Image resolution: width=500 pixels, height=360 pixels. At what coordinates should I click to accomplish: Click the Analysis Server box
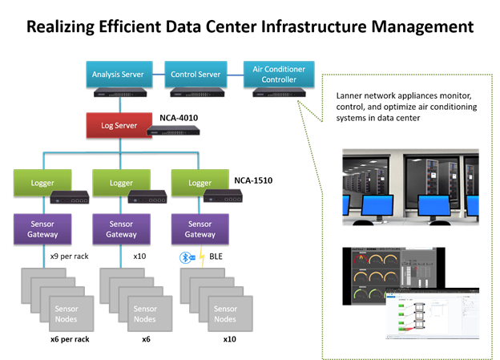[x=118, y=75]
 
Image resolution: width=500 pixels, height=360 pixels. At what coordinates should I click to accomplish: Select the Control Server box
[x=196, y=75]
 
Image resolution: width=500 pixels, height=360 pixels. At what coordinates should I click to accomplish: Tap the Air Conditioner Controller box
[x=279, y=74]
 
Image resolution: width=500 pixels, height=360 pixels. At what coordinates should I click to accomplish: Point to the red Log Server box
[x=119, y=125]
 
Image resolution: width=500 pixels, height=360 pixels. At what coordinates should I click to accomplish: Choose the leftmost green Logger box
[x=42, y=182]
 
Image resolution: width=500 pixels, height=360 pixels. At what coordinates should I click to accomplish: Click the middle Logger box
[x=121, y=182]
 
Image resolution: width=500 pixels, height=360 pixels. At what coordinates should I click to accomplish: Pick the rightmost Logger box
[x=200, y=182]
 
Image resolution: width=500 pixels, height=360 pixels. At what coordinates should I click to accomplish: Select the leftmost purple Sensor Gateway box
[x=42, y=229]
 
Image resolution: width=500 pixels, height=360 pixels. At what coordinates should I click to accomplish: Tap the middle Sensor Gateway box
[x=121, y=229]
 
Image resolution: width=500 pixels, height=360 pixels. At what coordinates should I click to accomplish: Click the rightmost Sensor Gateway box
[x=200, y=229]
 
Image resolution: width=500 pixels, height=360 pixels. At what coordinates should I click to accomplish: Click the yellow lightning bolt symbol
[x=201, y=258]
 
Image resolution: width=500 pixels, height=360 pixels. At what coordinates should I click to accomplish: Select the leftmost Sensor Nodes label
[x=67, y=313]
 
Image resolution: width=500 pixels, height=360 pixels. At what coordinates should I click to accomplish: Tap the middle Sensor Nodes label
[x=145, y=313]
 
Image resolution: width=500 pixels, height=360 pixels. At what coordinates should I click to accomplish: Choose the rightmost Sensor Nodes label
[x=225, y=313]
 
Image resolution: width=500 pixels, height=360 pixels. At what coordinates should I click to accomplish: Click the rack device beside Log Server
[x=173, y=130]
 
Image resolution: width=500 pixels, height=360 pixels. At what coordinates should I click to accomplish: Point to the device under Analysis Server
[x=120, y=93]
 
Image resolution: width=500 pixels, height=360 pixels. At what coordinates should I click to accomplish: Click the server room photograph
[x=410, y=184]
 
